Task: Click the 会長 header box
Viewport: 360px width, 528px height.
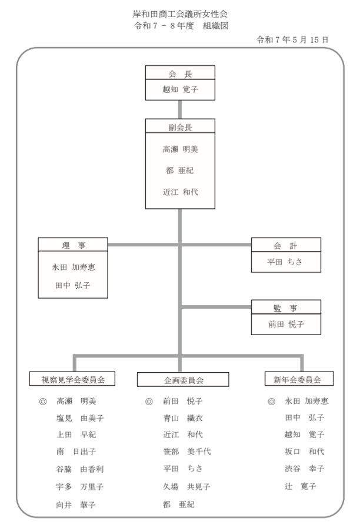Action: (x=180, y=73)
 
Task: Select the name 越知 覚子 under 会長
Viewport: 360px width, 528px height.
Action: (x=180, y=89)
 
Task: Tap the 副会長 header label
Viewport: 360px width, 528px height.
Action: (x=180, y=127)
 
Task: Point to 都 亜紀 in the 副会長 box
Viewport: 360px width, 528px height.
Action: (x=180, y=171)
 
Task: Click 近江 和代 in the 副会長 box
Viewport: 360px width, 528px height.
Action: (x=181, y=192)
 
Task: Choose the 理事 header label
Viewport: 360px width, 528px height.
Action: (x=74, y=246)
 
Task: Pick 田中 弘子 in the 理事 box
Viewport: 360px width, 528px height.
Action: (x=73, y=286)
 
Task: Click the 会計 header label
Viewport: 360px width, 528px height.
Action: (x=285, y=246)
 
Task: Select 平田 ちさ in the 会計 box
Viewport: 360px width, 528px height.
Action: (x=285, y=262)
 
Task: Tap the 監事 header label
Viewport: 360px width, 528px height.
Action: (x=285, y=308)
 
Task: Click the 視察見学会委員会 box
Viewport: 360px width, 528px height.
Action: (x=72, y=379)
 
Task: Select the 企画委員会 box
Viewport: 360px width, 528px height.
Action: (x=183, y=379)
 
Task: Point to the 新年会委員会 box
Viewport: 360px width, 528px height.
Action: (x=299, y=379)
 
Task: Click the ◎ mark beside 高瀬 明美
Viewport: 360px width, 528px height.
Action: (x=43, y=402)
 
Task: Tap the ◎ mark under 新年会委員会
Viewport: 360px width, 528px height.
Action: (x=271, y=402)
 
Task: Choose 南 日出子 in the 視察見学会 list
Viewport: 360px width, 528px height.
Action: (x=76, y=452)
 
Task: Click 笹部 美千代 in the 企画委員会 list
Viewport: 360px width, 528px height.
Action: (x=187, y=452)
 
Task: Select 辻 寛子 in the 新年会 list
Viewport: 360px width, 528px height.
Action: (x=301, y=486)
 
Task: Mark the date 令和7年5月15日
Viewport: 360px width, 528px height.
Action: (x=292, y=40)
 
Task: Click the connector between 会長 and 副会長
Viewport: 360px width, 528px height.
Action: (x=180, y=109)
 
